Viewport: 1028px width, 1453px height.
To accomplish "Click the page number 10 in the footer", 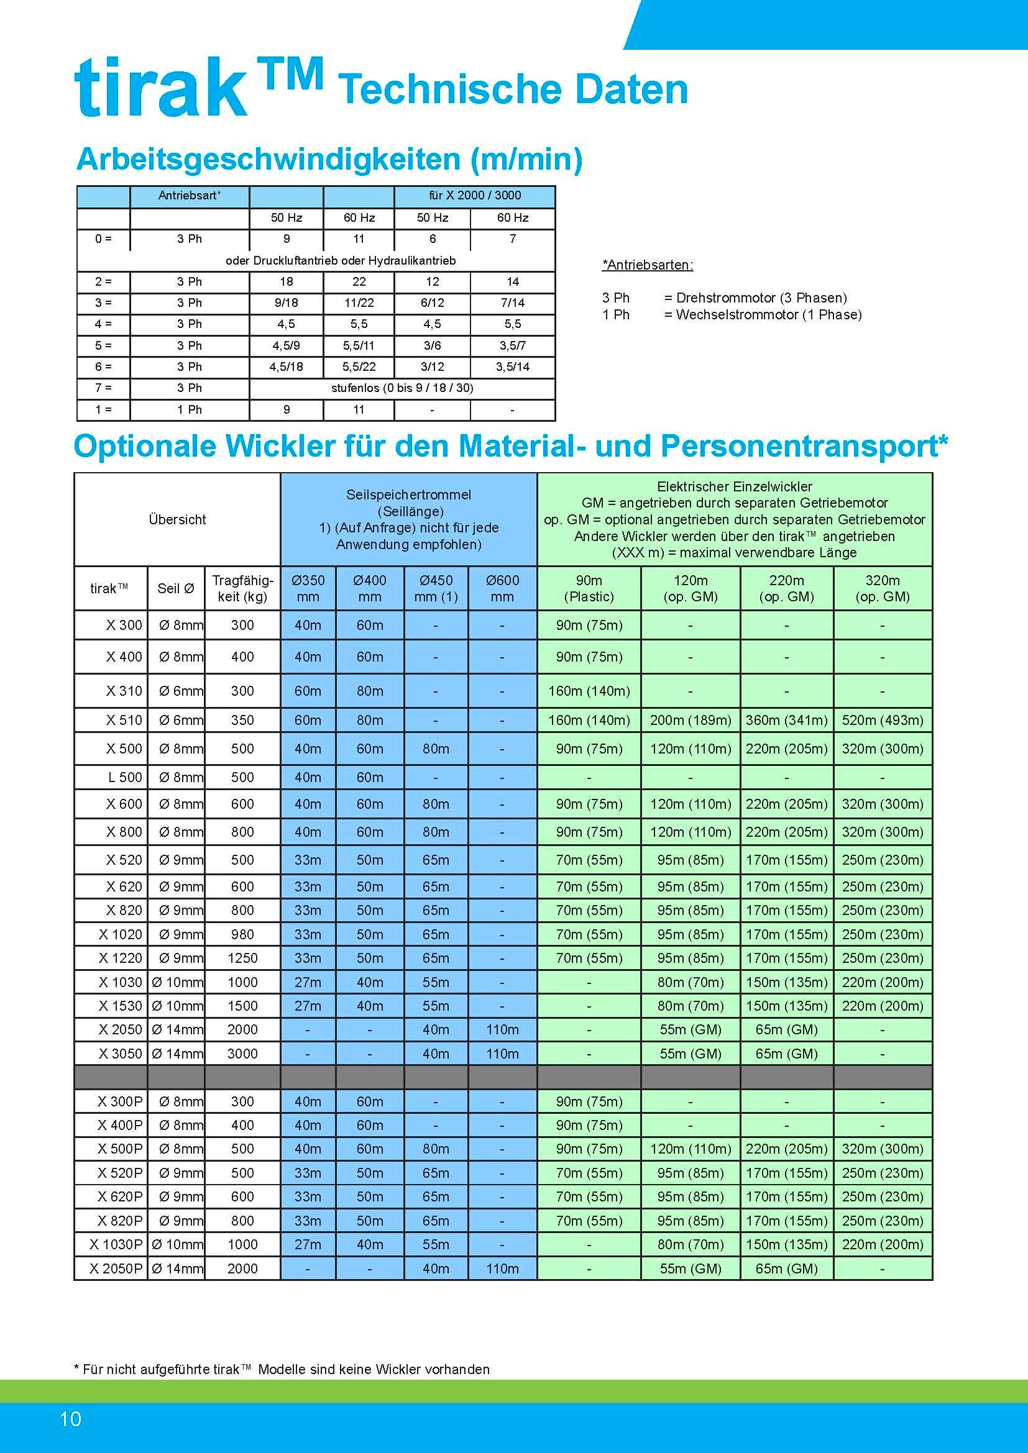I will click(x=70, y=1419).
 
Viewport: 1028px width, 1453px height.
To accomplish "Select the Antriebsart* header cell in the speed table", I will click(x=190, y=196).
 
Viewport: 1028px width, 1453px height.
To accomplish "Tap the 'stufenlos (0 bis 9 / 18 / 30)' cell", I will click(x=402, y=388).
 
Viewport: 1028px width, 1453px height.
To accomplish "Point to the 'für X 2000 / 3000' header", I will click(x=474, y=196).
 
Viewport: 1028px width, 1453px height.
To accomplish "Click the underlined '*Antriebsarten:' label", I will click(x=648, y=265).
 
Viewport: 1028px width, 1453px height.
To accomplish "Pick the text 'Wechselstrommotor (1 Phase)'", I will click(x=768, y=315).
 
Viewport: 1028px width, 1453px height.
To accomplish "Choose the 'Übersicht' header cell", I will click(x=177, y=519).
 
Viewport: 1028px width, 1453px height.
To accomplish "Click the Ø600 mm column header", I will click(x=502, y=588).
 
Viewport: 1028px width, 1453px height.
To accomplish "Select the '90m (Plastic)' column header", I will click(x=589, y=588).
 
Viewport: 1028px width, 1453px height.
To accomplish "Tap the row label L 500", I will click(x=126, y=777).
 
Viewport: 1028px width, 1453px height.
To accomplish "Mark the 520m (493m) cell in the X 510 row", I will click(x=883, y=720).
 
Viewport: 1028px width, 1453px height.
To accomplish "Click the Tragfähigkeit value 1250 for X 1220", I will click(x=242, y=958).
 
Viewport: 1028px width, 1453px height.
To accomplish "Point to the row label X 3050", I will click(x=121, y=1054).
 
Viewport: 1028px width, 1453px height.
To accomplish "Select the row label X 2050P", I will click(x=116, y=1269).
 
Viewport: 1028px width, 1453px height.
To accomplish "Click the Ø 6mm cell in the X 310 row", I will click(x=180, y=691).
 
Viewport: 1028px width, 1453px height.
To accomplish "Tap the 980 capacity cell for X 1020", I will click(x=242, y=934).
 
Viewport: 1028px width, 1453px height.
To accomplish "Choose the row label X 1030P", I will click(x=116, y=1245).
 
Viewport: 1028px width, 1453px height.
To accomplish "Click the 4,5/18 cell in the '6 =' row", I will click(x=286, y=367).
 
